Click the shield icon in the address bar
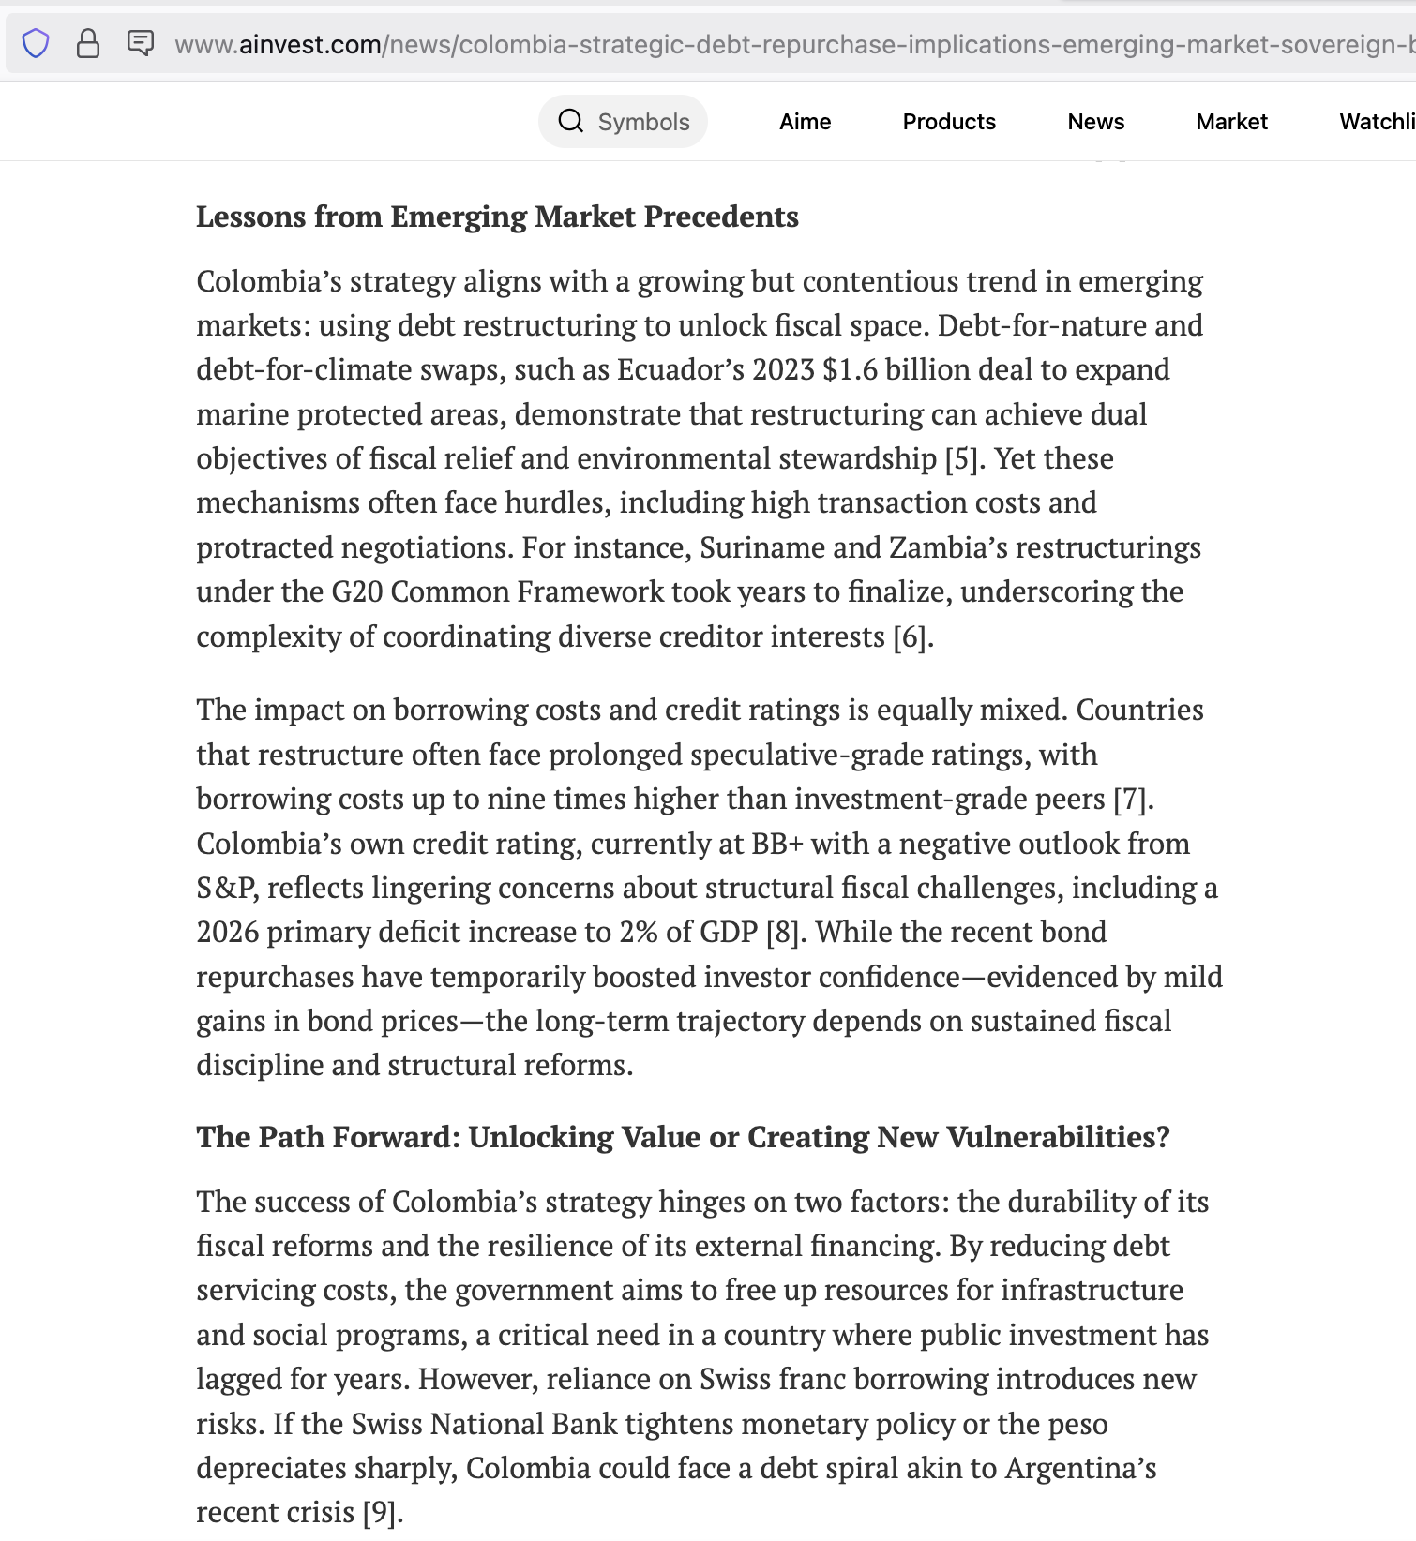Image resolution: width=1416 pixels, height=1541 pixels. [x=36, y=43]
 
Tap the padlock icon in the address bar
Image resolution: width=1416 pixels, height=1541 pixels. [x=88, y=43]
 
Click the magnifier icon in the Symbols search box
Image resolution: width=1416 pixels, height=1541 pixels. [x=570, y=121]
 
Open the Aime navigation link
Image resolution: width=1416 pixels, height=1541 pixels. [x=805, y=122]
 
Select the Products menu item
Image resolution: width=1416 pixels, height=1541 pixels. [x=949, y=122]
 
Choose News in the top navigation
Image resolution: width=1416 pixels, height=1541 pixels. [x=1095, y=122]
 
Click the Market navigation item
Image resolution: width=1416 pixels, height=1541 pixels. [x=1231, y=122]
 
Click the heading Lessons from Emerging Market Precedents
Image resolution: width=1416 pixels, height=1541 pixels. [x=497, y=217]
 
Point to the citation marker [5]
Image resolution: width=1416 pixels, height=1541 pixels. [x=962, y=458]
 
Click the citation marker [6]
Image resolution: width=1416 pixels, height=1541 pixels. [x=911, y=636]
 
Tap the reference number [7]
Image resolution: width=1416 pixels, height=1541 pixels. [x=1130, y=799]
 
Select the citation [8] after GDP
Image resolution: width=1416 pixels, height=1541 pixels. [x=783, y=932]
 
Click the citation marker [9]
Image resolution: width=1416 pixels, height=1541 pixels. [x=380, y=1512]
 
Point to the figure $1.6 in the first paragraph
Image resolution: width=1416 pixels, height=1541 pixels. [x=850, y=369]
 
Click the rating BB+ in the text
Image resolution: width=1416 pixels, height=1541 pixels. [x=776, y=844]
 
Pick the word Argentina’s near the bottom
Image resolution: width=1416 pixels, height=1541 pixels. [x=1080, y=1468]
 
